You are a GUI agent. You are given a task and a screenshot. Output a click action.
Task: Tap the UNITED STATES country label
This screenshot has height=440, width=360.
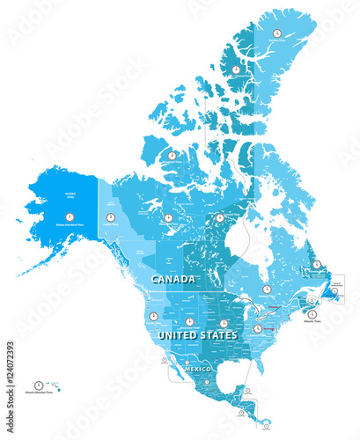[196, 336]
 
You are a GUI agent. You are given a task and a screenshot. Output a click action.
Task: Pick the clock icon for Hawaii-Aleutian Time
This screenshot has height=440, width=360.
[39, 384]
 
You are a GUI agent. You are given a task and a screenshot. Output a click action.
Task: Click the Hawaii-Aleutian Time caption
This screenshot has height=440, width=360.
[39, 393]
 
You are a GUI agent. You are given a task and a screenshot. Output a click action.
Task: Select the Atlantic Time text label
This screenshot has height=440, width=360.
[312, 323]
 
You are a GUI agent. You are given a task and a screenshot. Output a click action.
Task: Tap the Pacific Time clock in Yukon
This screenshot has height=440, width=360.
[111, 216]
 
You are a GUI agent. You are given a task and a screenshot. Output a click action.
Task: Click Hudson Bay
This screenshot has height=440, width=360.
[238, 238]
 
